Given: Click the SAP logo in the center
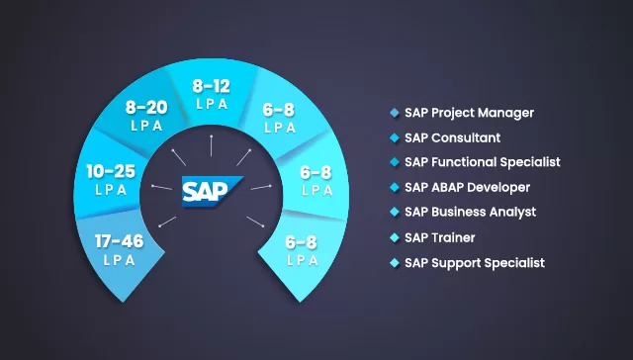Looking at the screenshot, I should pyautogui.click(x=212, y=188).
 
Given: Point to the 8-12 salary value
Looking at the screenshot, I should pyautogui.click(x=212, y=86).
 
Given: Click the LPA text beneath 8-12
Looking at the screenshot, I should pyautogui.click(x=212, y=103).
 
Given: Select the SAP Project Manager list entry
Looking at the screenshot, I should pyautogui.click(x=469, y=113).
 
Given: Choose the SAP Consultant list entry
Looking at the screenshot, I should pyautogui.click(x=452, y=137).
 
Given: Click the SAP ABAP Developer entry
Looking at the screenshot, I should pyautogui.click(x=467, y=186).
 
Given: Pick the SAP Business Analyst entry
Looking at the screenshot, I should pyautogui.click(x=470, y=212).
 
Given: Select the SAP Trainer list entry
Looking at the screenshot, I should pyautogui.click(x=439, y=237).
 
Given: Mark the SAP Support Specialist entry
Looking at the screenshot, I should pyautogui.click(x=474, y=263).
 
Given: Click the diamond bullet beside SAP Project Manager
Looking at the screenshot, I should pyautogui.click(x=395, y=113).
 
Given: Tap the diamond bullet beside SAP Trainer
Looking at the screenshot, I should pyautogui.click(x=395, y=237).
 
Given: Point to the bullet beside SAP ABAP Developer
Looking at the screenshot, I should pyautogui.click(x=395, y=186).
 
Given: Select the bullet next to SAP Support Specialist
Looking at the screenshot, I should pyautogui.click(x=395, y=263).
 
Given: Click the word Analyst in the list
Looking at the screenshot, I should pyautogui.click(x=513, y=212).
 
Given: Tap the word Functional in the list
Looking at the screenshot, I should pyautogui.click(x=468, y=161).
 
